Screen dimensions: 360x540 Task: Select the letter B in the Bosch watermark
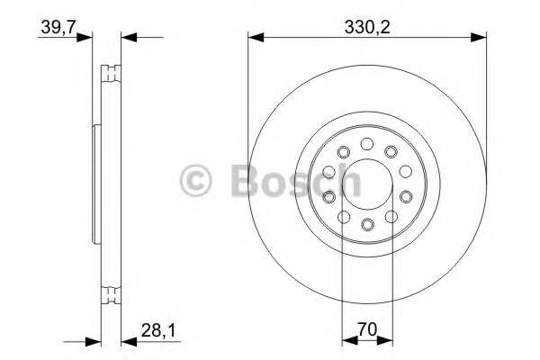tap(244, 183)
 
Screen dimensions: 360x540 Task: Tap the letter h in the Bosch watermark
tap(349, 183)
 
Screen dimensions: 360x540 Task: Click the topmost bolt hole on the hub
tap(366, 144)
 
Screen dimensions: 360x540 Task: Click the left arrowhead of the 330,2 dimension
tap(255, 38)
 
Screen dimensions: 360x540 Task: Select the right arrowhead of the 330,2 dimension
tap(480, 38)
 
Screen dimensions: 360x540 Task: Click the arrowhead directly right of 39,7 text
tap(86, 38)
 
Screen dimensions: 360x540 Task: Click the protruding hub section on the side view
tap(96, 182)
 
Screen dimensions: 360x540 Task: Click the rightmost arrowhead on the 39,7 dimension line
tap(127, 38)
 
